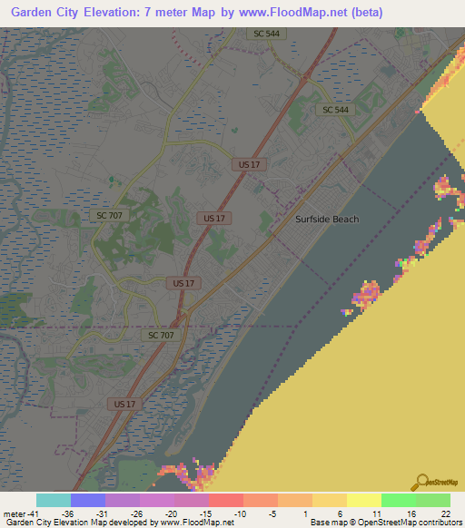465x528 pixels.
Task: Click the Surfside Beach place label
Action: click(327, 219)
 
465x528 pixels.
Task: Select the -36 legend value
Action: click(67, 513)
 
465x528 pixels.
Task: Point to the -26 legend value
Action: click(137, 513)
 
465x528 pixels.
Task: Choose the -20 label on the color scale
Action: click(172, 513)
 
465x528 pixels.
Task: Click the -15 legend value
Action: click(206, 513)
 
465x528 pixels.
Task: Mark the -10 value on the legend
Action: click(241, 513)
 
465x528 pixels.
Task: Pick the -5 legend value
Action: click(275, 513)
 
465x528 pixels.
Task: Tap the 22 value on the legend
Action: click(446, 513)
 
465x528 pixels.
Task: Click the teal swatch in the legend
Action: click(53, 500)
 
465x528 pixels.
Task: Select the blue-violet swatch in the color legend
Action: click(87, 500)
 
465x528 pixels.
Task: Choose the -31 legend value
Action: click(103, 513)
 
